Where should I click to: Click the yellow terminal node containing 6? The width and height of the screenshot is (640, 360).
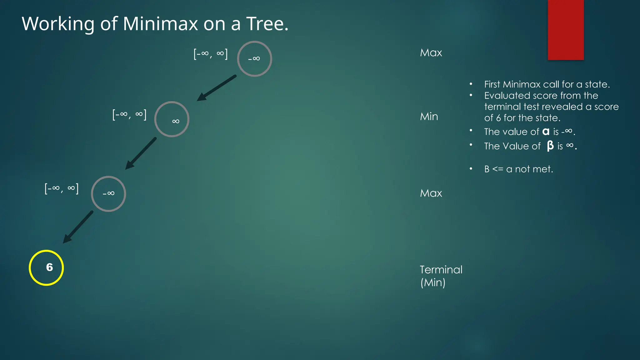[x=46, y=267]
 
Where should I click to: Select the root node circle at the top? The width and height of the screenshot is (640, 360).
[x=254, y=59]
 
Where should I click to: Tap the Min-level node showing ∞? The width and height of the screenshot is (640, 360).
[x=172, y=119]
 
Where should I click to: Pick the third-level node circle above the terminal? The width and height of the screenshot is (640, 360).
[x=108, y=194]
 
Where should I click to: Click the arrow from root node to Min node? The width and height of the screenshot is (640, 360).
[x=216, y=88]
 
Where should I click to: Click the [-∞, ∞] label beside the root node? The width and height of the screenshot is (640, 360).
[x=211, y=54]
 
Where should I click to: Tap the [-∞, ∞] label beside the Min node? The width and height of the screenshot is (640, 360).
[x=129, y=115]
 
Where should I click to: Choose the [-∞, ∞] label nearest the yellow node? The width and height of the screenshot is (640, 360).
[x=62, y=188]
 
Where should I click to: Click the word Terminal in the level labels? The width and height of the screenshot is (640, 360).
[x=441, y=270]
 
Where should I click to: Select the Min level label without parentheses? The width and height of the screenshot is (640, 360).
[x=429, y=117]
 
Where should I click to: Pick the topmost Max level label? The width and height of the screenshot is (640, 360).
[x=431, y=52]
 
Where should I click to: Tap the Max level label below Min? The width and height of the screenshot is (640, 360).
[x=431, y=193]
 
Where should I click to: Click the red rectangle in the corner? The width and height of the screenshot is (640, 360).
[x=566, y=30]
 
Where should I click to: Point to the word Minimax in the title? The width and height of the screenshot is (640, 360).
[x=160, y=23]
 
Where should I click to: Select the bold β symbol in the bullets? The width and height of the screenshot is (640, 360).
[x=550, y=146]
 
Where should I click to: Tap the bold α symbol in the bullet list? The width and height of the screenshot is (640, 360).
[x=546, y=132]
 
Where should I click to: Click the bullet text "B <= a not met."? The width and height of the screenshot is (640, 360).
[x=518, y=169]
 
